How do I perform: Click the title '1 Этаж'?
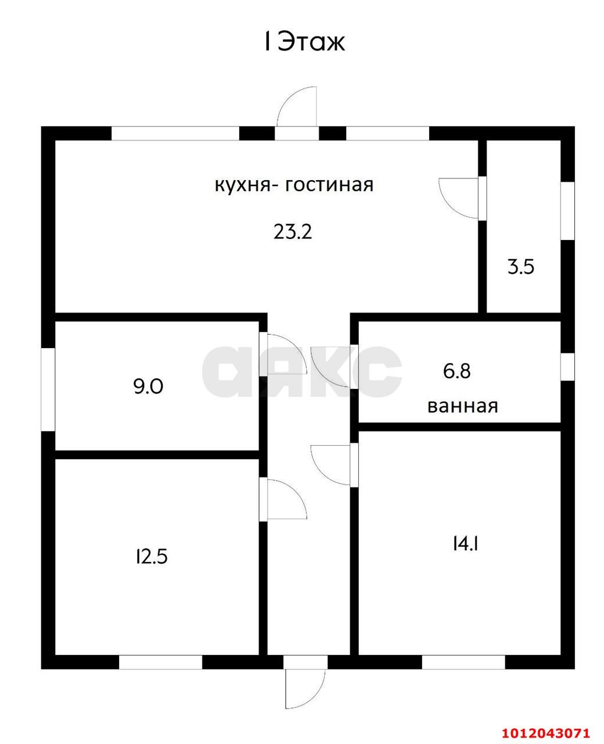[x=304, y=42]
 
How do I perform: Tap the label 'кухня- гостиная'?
[x=294, y=185]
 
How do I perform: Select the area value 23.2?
[x=293, y=232]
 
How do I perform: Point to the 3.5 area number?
[x=520, y=267]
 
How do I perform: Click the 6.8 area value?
[x=456, y=371]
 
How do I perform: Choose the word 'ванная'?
[x=462, y=406]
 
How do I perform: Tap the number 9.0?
[x=148, y=386]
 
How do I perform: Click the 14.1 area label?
[x=464, y=544]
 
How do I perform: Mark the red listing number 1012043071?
[x=545, y=732]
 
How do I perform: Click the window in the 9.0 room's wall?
[x=48, y=389]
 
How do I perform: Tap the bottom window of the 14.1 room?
[x=463, y=661]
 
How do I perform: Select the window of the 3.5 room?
[x=567, y=210]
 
